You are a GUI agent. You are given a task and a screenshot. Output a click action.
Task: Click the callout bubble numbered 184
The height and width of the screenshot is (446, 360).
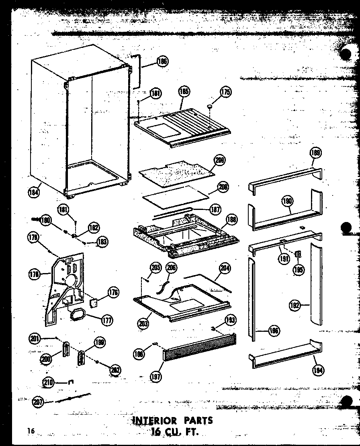pos(33,192)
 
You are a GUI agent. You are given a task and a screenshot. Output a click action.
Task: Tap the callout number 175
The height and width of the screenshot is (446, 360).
pos(225,92)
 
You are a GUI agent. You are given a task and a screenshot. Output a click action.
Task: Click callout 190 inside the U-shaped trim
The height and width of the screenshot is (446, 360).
pos(287,201)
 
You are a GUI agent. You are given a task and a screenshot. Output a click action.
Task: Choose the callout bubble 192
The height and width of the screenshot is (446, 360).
pos(295,305)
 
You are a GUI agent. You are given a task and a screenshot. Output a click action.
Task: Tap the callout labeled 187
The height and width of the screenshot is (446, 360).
pos(216,209)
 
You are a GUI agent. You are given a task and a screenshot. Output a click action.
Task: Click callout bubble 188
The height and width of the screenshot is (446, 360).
pos(231,220)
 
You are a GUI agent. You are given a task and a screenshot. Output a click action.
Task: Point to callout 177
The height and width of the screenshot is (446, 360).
pos(106,321)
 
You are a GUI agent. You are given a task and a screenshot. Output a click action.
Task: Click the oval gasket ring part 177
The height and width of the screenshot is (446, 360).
pos(78,314)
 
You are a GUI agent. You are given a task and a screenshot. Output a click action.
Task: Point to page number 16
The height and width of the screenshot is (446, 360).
pos(31,431)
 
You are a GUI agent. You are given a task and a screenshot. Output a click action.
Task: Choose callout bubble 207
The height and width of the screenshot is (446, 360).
pos(39,401)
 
